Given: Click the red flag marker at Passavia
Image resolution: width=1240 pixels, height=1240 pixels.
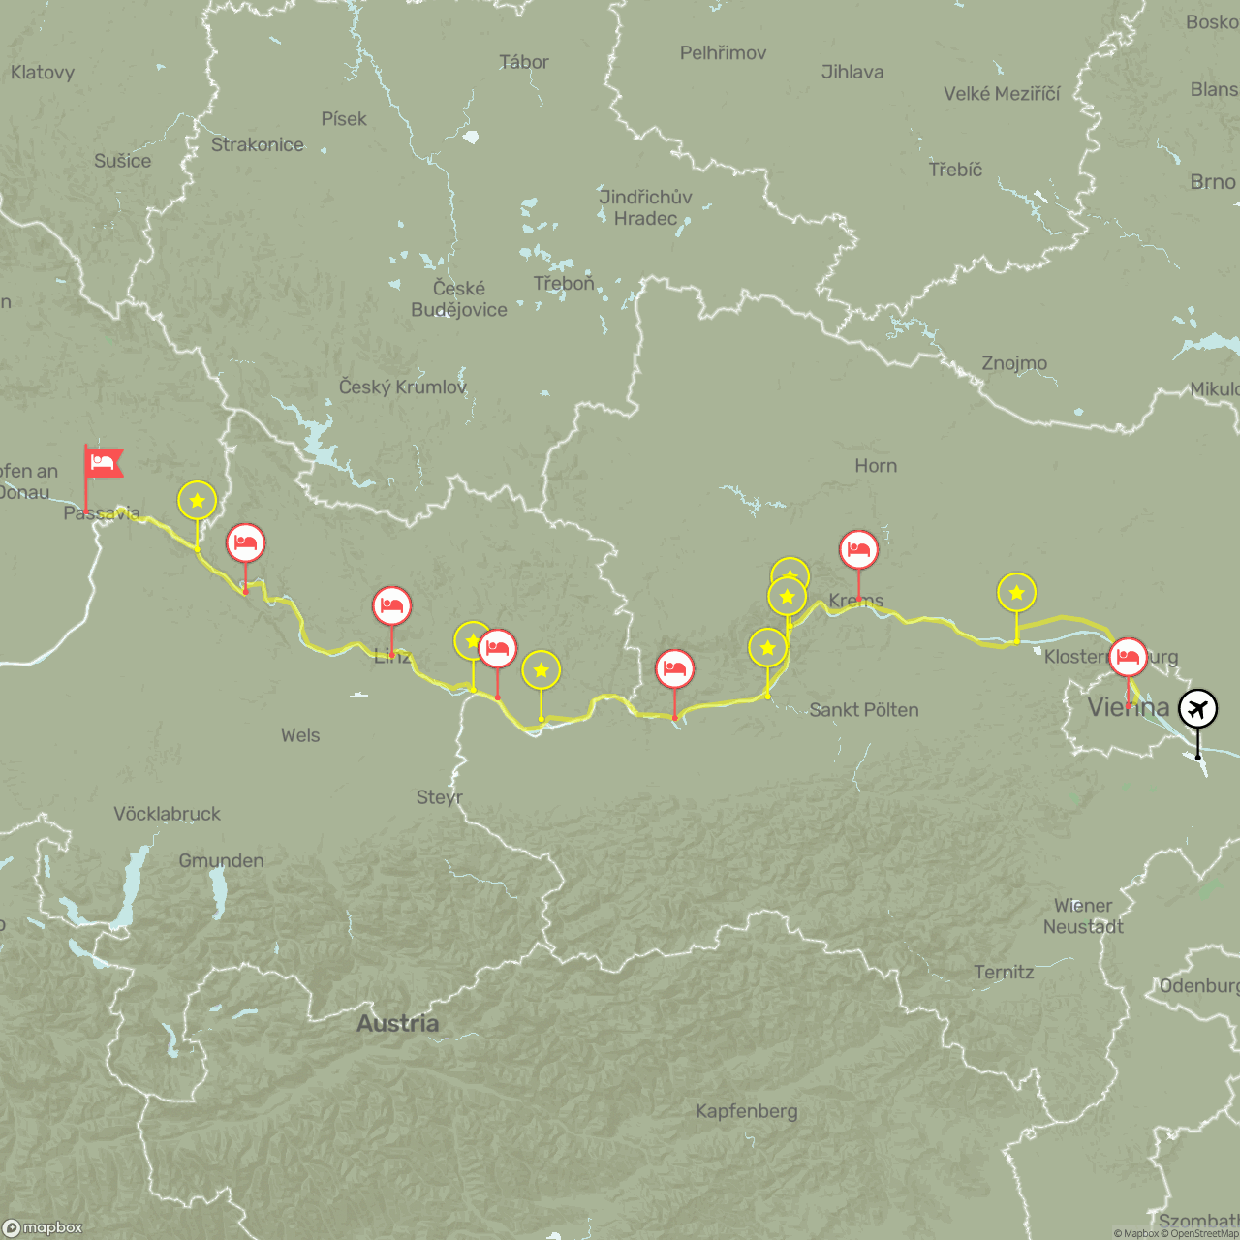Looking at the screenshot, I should (104, 463).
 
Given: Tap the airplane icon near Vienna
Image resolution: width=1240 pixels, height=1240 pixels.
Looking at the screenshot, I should (1198, 708).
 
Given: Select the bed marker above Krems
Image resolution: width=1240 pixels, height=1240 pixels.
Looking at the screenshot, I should (858, 549).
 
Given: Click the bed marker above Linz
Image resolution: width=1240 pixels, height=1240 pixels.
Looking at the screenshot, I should (391, 605).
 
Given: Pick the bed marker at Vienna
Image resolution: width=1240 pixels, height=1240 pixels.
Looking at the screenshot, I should (1128, 657).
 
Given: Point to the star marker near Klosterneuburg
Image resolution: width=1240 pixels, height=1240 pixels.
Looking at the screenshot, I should (1016, 592).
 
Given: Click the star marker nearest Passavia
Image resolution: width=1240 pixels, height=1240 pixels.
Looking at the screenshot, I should (197, 501).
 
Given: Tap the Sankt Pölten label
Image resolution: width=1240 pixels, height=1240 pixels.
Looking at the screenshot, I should (864, 710).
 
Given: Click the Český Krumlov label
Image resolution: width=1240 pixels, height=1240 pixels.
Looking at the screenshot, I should (403, 387).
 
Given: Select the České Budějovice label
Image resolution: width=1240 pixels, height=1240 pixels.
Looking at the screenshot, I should (459, 299).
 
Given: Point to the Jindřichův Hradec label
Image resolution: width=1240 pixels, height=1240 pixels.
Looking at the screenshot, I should (645, 207).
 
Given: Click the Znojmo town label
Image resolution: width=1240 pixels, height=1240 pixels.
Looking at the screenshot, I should (1014, 363).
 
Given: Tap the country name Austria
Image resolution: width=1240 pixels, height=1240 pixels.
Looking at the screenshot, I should (397, 1023).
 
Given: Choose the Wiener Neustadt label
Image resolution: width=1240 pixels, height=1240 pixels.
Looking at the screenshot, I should (1083, 916).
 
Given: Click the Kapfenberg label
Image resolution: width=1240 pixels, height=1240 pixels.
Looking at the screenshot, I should (747, 1111).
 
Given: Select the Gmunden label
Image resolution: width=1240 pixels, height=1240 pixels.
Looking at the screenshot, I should (221, 860).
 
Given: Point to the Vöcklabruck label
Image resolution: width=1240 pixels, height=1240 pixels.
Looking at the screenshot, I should (167, 814).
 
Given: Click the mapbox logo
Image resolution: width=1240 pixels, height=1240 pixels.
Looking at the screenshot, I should (44, 1227).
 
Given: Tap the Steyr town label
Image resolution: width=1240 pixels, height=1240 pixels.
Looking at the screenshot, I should (440, 797).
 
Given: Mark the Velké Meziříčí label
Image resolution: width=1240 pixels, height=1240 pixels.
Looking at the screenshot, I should (1002, 94).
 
